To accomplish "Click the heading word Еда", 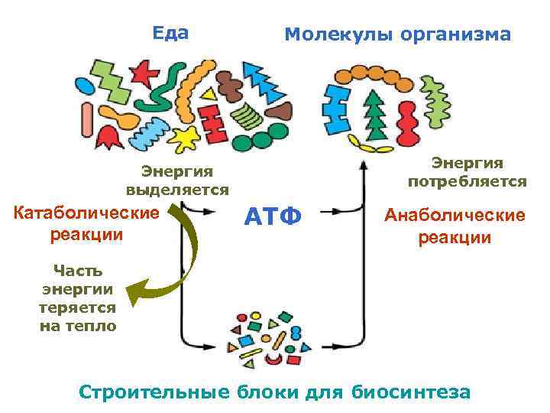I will (170, 33).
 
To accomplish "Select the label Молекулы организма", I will (397, 34).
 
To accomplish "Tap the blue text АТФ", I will (273, 216).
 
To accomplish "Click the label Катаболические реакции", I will (86, 222).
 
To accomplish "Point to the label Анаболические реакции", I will (455, 226).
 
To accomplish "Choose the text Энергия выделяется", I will (177, 180).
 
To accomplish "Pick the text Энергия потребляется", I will (467, 172).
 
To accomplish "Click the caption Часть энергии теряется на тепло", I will (77, 298).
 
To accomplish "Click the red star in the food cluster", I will (142, 73).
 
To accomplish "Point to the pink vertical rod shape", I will (87, 119).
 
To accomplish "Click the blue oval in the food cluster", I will (84, 84).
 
